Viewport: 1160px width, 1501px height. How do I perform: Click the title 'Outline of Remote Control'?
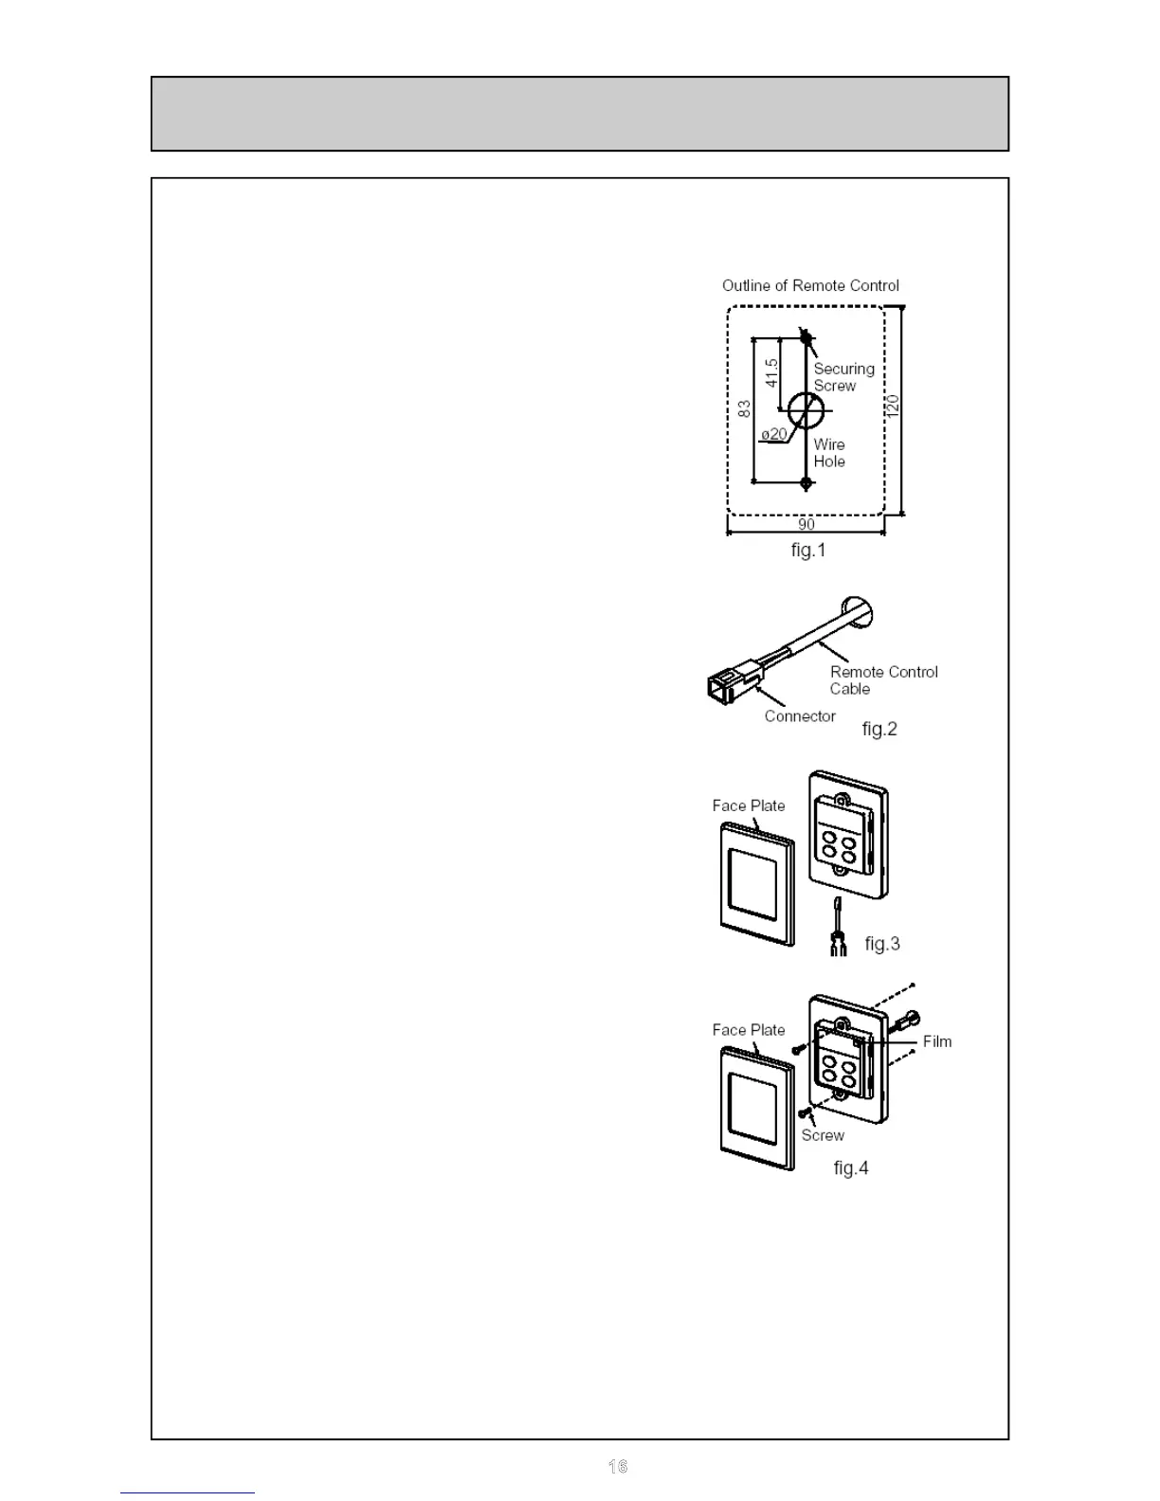810,285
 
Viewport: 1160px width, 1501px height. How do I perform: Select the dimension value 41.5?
772,371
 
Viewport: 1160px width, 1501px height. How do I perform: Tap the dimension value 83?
745,408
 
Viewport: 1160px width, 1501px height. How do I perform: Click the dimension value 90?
806,524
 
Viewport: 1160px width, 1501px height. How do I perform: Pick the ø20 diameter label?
773,434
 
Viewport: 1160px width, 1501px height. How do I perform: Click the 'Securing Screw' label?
843,377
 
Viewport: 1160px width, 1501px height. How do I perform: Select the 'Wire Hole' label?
829,453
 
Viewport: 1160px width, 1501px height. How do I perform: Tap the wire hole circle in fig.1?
806,409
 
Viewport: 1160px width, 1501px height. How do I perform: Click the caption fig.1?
808,550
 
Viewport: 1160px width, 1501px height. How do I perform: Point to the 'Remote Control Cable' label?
883,680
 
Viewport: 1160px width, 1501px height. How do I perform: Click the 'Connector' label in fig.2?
800,716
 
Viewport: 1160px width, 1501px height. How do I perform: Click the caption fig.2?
879,729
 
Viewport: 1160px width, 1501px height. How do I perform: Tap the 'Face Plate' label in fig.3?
749,805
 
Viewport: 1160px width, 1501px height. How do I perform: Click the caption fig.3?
882,944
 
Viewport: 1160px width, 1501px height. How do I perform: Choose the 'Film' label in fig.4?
937,1041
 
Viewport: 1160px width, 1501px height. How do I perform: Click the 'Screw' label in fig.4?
823,1135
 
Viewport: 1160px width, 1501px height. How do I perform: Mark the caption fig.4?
851,1168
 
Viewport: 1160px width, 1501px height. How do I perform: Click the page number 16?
618,1466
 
